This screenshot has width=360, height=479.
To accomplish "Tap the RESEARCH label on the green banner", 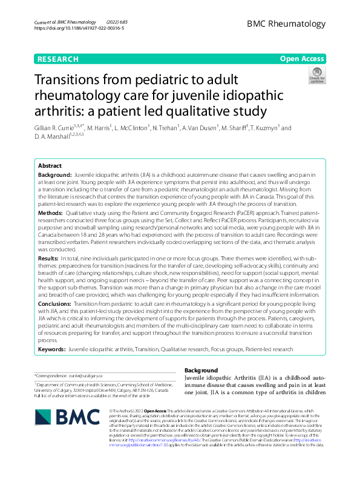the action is click(x=57, y=59).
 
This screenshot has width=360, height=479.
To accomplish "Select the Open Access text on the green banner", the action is click(x=302, y=59).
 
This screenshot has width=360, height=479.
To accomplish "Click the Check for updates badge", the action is click(x=316, y=75).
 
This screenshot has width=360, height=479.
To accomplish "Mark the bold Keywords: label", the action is click(x=52, y=349).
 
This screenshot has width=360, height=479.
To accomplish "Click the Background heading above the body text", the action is click(x=200, y=369).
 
